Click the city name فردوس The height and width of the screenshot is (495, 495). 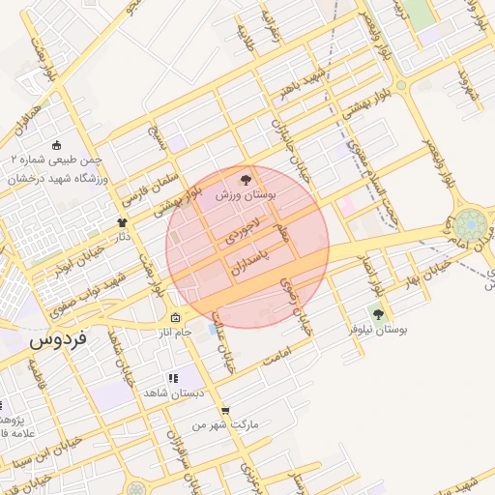58,341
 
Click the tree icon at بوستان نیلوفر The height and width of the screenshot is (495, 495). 377,313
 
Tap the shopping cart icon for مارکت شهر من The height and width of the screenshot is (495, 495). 225,410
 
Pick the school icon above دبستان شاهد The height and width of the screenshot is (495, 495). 172,378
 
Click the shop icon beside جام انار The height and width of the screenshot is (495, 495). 175,318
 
